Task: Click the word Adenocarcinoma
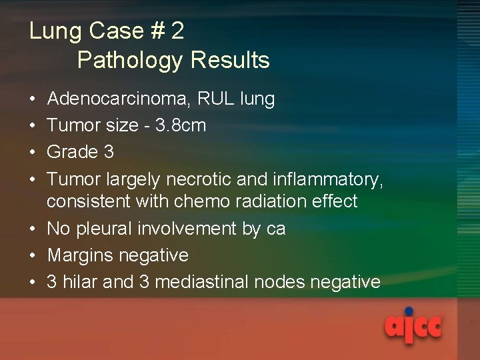pos(117,99)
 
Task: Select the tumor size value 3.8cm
pos(179,125)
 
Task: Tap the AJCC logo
pos(413,325)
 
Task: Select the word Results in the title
pos(230,60)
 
